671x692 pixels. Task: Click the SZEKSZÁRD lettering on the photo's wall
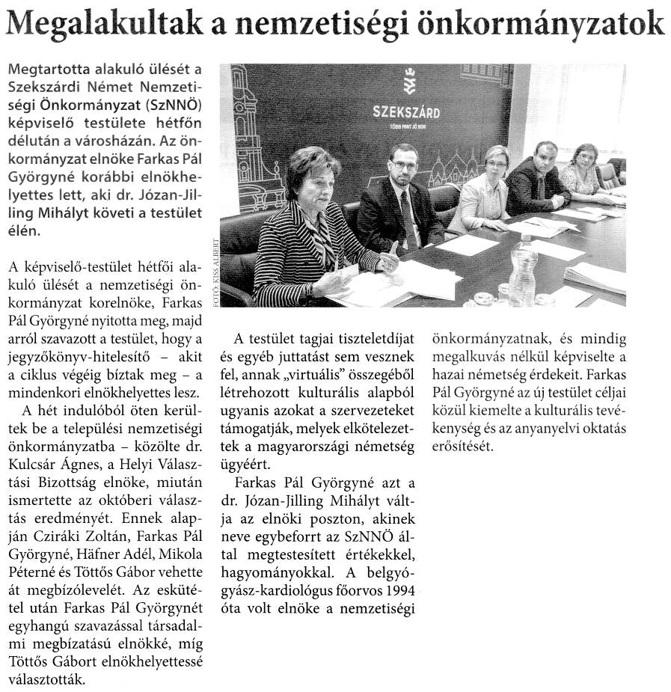click(x=406, y=113)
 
